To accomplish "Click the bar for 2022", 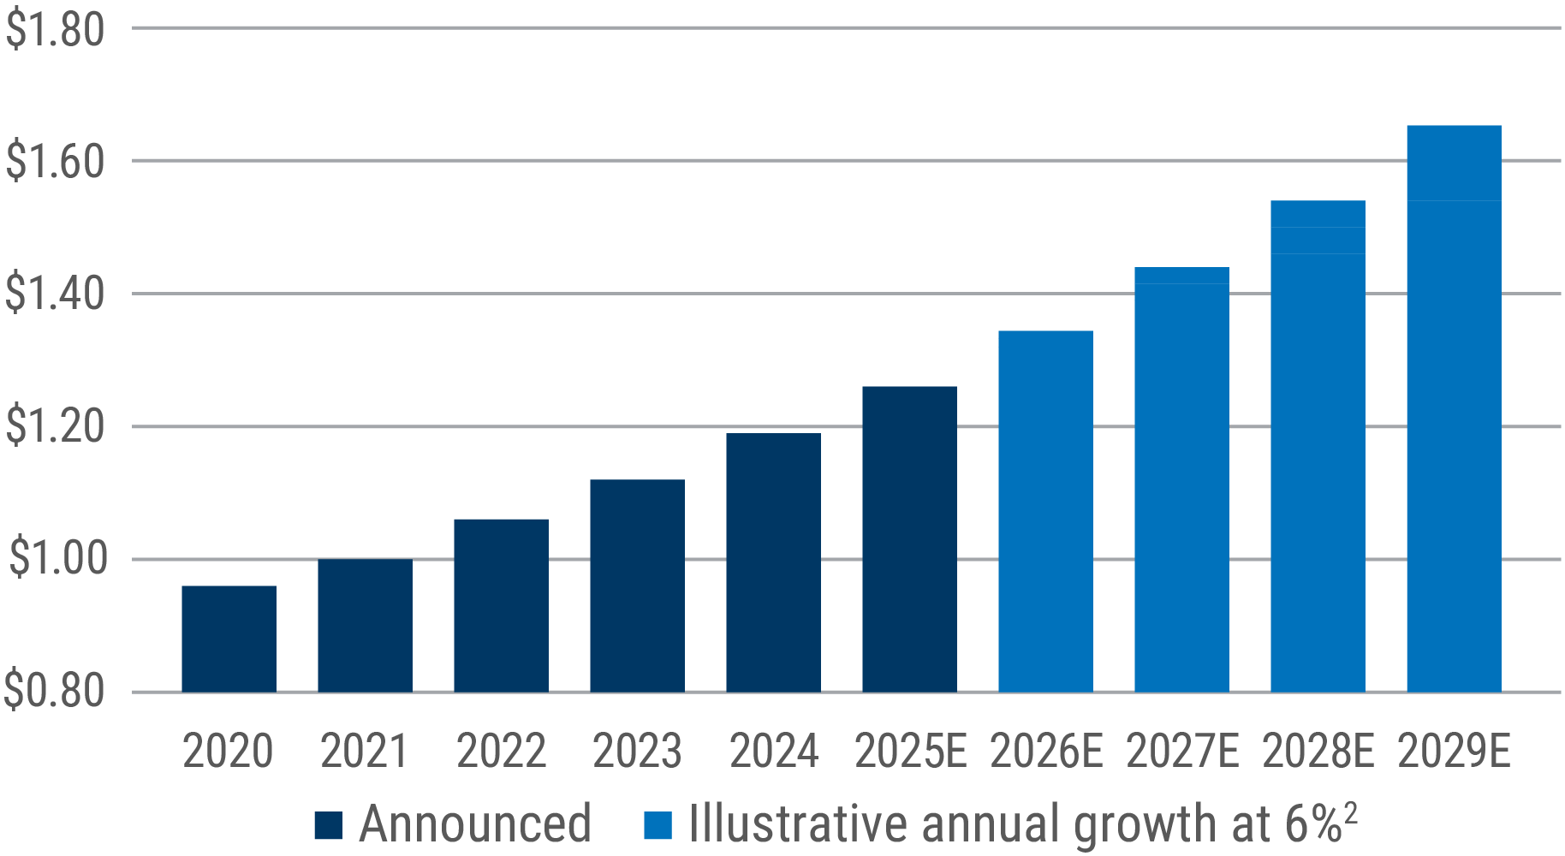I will [501, 605].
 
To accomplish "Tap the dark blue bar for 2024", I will [773, 562].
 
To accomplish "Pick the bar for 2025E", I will [909, 539].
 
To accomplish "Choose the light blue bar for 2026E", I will [1045, 511].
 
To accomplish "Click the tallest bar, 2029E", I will [1454, 408].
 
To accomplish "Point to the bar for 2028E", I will [1318, 446].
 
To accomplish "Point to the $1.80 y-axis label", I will [55, 30].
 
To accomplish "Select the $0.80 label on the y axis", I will [55, 692].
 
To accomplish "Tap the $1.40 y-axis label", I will [55, 294].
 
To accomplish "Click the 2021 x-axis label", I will [365, 752].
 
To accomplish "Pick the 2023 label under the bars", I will [637, 752].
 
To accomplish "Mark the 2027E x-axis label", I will [1182, 752].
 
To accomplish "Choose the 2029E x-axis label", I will [1455, 752].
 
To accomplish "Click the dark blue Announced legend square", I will [329, 825].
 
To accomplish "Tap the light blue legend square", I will [658, 825].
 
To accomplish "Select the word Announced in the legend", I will [475, 823].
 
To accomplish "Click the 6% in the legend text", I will [1312, 823].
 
